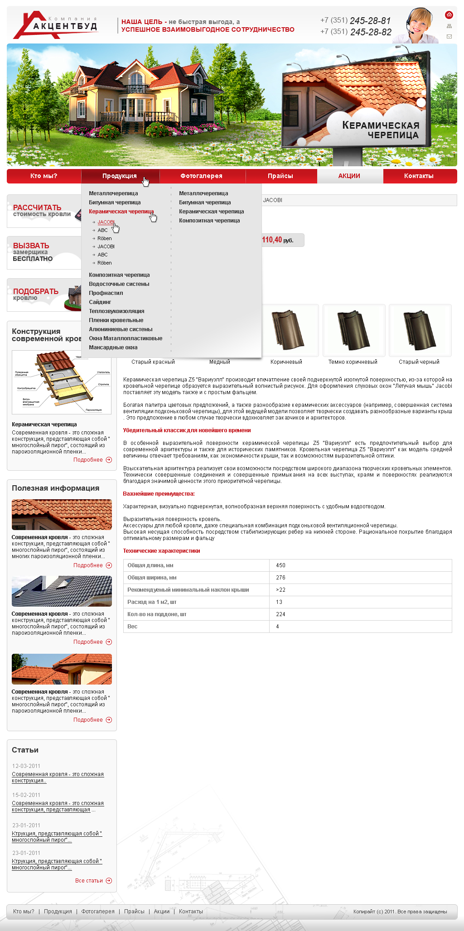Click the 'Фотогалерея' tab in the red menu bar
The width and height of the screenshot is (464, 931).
(202, 176)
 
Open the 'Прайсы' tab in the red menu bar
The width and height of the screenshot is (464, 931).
(280, 176)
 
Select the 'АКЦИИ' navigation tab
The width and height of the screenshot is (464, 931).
(349, 176)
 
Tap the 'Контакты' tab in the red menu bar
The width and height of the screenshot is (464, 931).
(419, 176)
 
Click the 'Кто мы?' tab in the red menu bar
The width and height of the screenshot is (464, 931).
(44, 176)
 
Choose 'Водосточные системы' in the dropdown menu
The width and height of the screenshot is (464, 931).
(119, 284)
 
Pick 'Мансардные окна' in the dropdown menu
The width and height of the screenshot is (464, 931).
(113, 347)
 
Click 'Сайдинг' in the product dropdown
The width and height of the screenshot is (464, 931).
(100, 302)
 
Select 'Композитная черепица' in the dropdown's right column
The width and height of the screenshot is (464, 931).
(209, 221)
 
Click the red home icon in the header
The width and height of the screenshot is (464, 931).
(449, 14)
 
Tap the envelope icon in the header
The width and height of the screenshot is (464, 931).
(449, 36)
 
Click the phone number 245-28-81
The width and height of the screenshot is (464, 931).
(370, 21)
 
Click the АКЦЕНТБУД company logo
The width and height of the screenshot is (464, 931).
(55, 25)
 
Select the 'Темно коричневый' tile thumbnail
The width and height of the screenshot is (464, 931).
(353, 331)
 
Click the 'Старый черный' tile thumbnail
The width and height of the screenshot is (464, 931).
(420, 331)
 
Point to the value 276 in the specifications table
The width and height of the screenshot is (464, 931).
(281, 578)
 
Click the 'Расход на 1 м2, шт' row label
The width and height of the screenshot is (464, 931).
(152, 602)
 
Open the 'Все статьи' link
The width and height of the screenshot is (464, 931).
(89, 881)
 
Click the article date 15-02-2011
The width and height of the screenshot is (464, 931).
(26, 795)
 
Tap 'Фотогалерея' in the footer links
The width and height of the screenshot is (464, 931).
(98, 912)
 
